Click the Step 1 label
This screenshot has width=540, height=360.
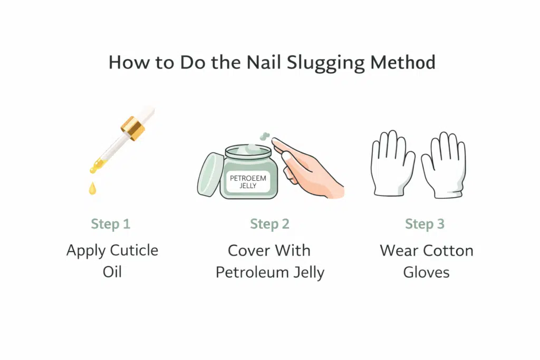110,224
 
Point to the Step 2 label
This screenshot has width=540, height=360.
269,224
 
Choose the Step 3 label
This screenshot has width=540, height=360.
425,224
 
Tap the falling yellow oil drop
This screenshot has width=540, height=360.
93,189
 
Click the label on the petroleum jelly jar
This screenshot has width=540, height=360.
248,182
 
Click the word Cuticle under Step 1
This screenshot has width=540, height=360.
133,250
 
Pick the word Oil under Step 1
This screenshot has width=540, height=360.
112,273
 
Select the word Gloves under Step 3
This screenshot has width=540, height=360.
426,273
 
